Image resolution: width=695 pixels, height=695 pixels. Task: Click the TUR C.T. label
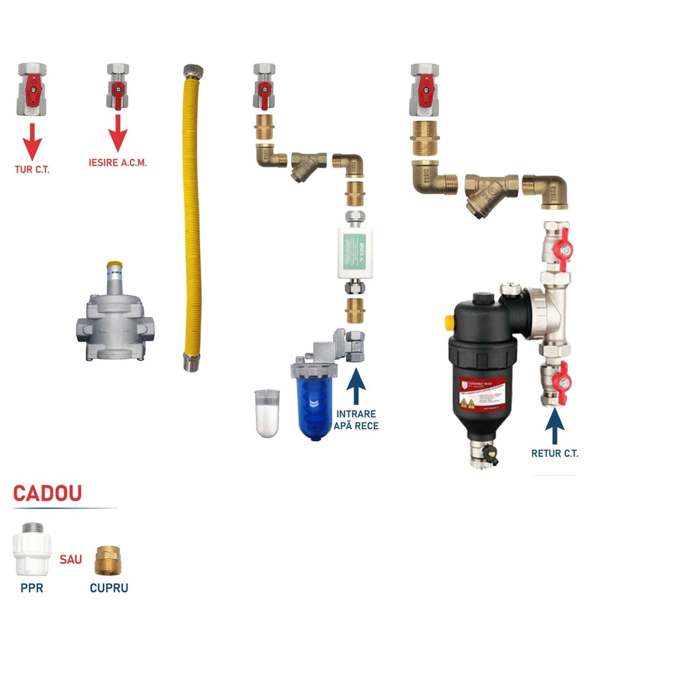32,170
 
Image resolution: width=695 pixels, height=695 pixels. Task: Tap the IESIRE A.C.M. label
117,163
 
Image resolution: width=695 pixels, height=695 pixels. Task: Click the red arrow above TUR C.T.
32,141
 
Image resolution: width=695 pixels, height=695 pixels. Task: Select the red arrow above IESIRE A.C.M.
117,133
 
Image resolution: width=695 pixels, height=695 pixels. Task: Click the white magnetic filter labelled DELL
355,253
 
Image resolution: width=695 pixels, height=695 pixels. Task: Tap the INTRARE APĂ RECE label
356,420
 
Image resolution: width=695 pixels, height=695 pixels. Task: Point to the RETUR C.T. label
554,453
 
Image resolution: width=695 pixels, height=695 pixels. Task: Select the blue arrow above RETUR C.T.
554,426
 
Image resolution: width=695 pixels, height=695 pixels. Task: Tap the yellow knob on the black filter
448,322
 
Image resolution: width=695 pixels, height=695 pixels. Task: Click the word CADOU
47,493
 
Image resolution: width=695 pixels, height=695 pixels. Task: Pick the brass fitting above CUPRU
108,560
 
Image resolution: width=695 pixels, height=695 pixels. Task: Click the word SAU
71,559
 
